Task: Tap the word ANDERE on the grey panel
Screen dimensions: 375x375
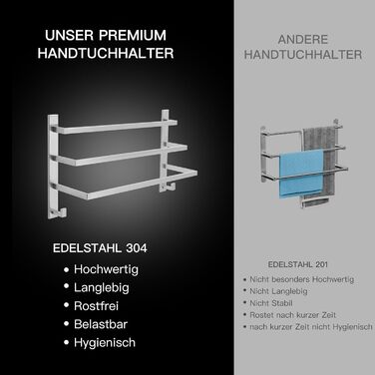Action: pyautogui.click(x=303, y=40)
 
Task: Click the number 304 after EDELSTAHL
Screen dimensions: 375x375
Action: pyautogui.click(x=137, y=248)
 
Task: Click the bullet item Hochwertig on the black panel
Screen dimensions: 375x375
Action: pyautogui.click(x=106, y=269)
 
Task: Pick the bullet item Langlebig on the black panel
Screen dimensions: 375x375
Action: pyautogui.click(x=102, y=287)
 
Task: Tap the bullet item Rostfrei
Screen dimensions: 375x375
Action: pyautogui.click(x=96, y=306)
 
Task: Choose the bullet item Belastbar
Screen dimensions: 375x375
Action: pyautogui.click(x=101, y=324)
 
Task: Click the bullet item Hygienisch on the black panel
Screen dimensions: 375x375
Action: pyautogui.click(x=105, y=343)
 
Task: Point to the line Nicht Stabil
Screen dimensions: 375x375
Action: pyautogui.click(x=271, y=303)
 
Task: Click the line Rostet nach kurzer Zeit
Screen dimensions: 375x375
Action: pyautogui.click(x=293, y=315)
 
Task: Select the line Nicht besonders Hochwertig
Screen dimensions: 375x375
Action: pyautogui.click(x=302, y=279)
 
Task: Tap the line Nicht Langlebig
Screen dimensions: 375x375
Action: pyautogui.click(x=278, y=291)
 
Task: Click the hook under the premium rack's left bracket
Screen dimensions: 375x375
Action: pyautogui.click(x=62, y=212)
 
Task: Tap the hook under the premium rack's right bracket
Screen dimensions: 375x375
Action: pyautogui.click(x=170, y=187)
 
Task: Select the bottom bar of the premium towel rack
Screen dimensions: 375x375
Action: pyautogui.click(x=127, y=185)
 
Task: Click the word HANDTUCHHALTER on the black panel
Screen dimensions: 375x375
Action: pyautogui.click(x=106, y=54)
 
